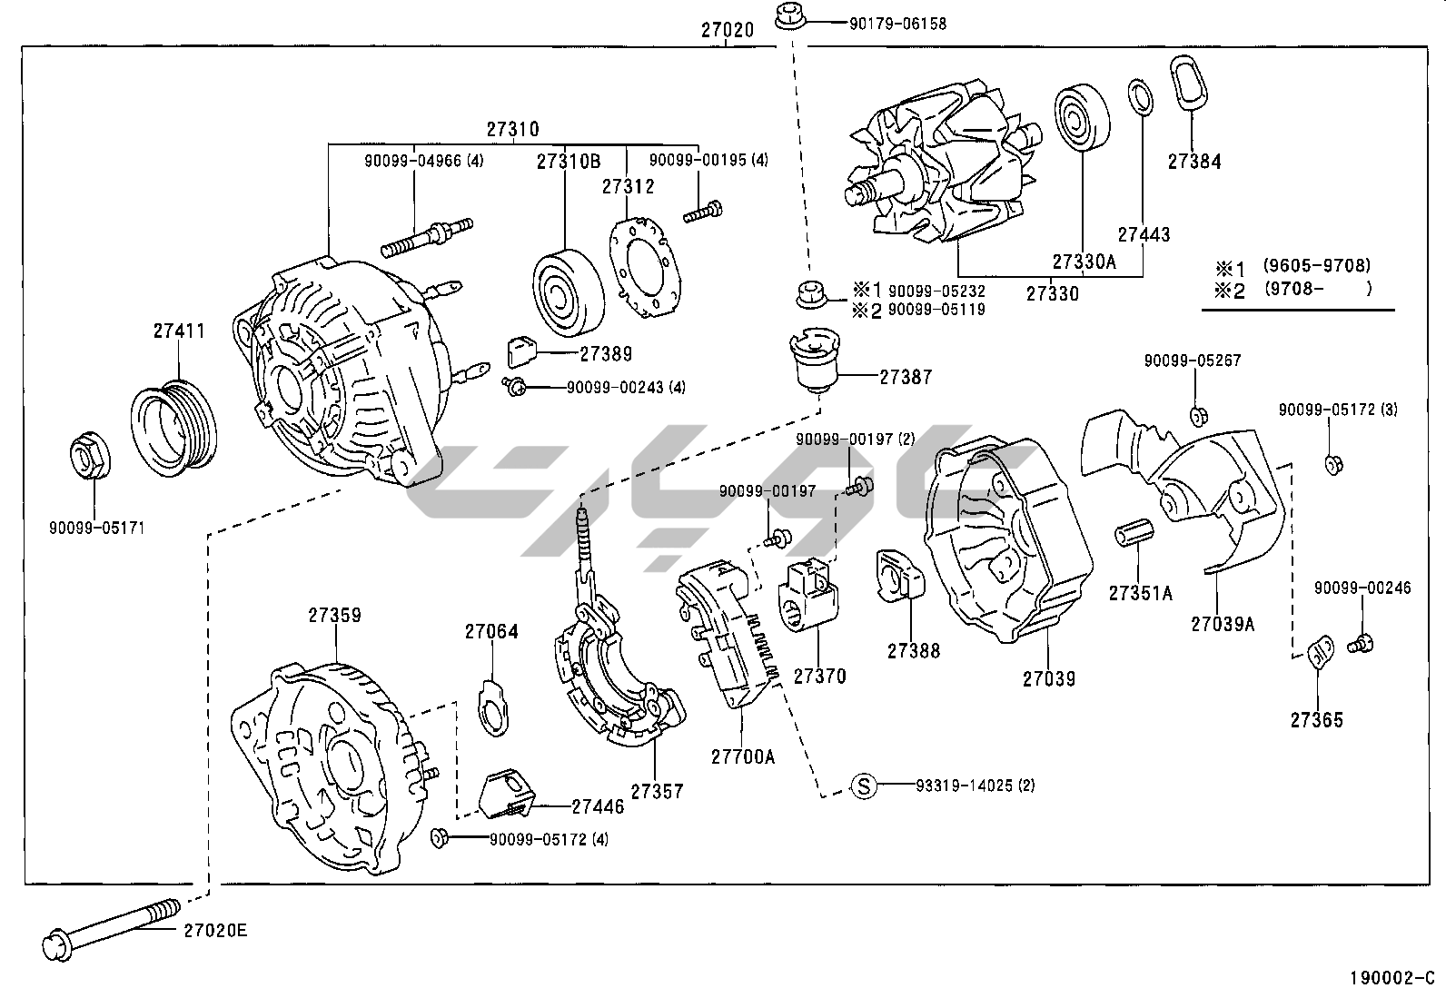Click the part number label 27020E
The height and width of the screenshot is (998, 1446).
[x=215, y=930]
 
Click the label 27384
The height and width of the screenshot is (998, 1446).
[x=1194, y=162]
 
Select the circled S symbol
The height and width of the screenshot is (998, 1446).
[x=865, y=786]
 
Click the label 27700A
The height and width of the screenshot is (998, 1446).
[x=743, y=756]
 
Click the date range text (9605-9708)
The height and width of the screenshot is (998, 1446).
[x=1316, y=266]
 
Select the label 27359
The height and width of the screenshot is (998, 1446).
[x=334, y=615]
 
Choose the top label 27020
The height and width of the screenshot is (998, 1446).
[x=727, y=29]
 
